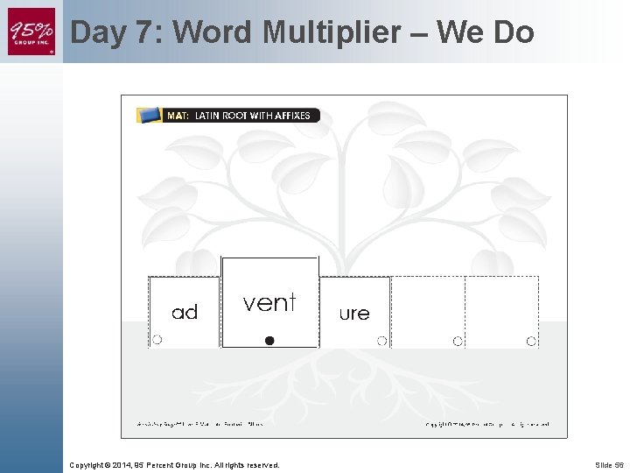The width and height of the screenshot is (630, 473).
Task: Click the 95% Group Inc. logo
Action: [x=31, y=32]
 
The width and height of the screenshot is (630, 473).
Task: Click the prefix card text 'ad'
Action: [x=185, y=312]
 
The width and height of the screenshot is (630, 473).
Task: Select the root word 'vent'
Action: [x=269, y=303]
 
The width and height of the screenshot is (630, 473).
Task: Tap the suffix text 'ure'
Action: [x=354, y=313]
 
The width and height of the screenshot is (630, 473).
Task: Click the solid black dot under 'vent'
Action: [x=269, y=341]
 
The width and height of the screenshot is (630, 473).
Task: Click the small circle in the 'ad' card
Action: [x=157, y=340]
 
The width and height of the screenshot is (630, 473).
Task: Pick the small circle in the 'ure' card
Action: [x=381, y=341]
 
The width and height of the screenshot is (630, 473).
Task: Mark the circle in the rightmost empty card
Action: [x=531, y=341]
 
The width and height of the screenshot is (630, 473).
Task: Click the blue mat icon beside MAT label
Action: [x=150, y=115]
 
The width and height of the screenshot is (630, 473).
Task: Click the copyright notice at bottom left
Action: [x=175, y=464]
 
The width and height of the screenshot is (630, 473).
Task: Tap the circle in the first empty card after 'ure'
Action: [x=458, y=341]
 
